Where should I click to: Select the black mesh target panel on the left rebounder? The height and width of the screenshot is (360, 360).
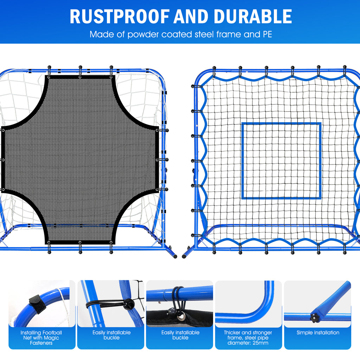[81, 158]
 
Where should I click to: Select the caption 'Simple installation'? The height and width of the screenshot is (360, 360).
[318, 333]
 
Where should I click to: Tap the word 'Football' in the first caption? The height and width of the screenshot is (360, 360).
[52, 333]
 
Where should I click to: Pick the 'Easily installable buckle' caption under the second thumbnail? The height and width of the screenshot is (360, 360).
[111, 335]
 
